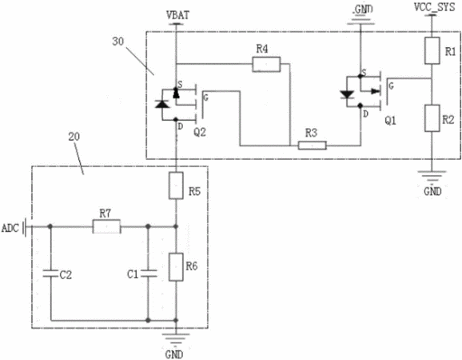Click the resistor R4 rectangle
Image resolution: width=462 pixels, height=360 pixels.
[266, 65]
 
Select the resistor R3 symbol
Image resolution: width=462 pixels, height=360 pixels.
[312, 146]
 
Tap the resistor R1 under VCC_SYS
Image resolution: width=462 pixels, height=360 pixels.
[432, 50]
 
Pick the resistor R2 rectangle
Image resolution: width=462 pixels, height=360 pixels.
[432, 118]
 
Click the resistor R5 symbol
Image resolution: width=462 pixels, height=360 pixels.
[176, 186]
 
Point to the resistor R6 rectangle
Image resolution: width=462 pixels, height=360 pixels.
[176, 267]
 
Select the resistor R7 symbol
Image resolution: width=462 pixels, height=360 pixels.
[106, 226]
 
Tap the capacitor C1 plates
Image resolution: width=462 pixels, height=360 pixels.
[149, 274]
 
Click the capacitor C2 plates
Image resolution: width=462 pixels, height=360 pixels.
[50, 274]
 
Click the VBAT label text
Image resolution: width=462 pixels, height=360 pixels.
[177, 15]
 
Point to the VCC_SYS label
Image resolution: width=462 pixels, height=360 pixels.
[434, 7]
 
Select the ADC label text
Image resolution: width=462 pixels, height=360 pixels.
[10, 228]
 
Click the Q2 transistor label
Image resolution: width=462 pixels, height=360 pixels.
[200, 132]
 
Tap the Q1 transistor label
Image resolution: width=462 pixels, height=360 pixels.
[390, 121]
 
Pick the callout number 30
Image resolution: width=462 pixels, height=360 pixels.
[117, 42]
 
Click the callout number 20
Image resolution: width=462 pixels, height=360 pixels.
[74, 137]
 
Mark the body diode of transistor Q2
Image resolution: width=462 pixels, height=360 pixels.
[162, 104]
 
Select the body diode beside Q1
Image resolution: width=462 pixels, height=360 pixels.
[347, 94]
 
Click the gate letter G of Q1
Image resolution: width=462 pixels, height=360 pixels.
[392, 86]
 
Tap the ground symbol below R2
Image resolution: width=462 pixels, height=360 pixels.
[432, 176]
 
